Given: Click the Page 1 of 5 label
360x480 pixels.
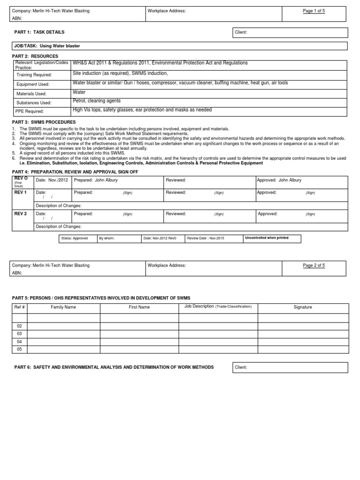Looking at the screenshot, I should click(x=314, y=11).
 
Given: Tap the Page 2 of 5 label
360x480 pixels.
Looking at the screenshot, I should click(x=314, y=265).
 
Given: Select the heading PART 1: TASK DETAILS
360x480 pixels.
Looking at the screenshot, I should click(x=40, y=32).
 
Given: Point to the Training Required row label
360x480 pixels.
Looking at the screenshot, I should click(x=34, y=75).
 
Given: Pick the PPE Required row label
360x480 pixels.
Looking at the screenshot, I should click(x=30, y=112).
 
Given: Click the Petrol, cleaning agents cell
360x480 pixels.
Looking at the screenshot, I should click(x=97, y=101).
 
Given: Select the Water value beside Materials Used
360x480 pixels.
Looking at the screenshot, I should click(x=79, y=92).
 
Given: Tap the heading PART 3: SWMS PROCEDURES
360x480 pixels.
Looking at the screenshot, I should click(x=44, y=122).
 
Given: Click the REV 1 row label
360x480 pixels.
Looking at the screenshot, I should click(x=21, y=193).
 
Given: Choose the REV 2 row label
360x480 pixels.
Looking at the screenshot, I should click(x=21, y=214).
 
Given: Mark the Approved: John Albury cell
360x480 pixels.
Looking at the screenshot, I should click(x=279, y=180).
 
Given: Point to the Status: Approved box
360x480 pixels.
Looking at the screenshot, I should click(x=74, y=238).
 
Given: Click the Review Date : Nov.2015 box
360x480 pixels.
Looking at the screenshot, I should click(x=206, y=238).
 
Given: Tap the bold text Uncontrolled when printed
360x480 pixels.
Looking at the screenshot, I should click(x=266, y=238).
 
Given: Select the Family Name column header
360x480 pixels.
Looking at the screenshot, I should click(x=63, y=307).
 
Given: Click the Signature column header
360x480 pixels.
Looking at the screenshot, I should click(x=303, y=307).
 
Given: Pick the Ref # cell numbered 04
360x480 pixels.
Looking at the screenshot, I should click(x=20, y=342).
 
